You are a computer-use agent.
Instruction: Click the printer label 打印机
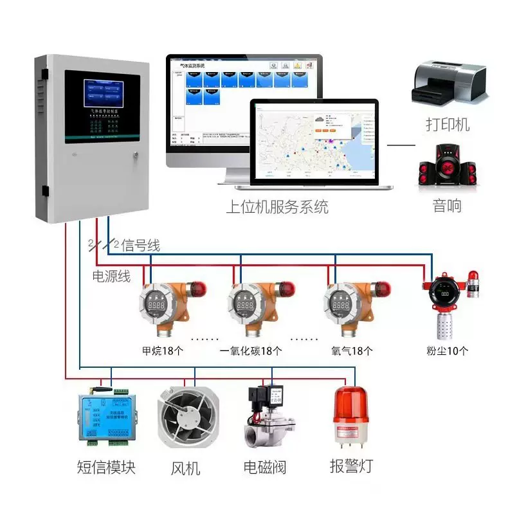448,123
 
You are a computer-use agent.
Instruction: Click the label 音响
447,206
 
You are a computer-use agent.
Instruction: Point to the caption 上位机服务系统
277,207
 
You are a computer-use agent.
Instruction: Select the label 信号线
140,245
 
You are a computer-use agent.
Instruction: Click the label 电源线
112,277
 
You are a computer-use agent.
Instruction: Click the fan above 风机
186,418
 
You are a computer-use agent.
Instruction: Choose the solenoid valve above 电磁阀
269,418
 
